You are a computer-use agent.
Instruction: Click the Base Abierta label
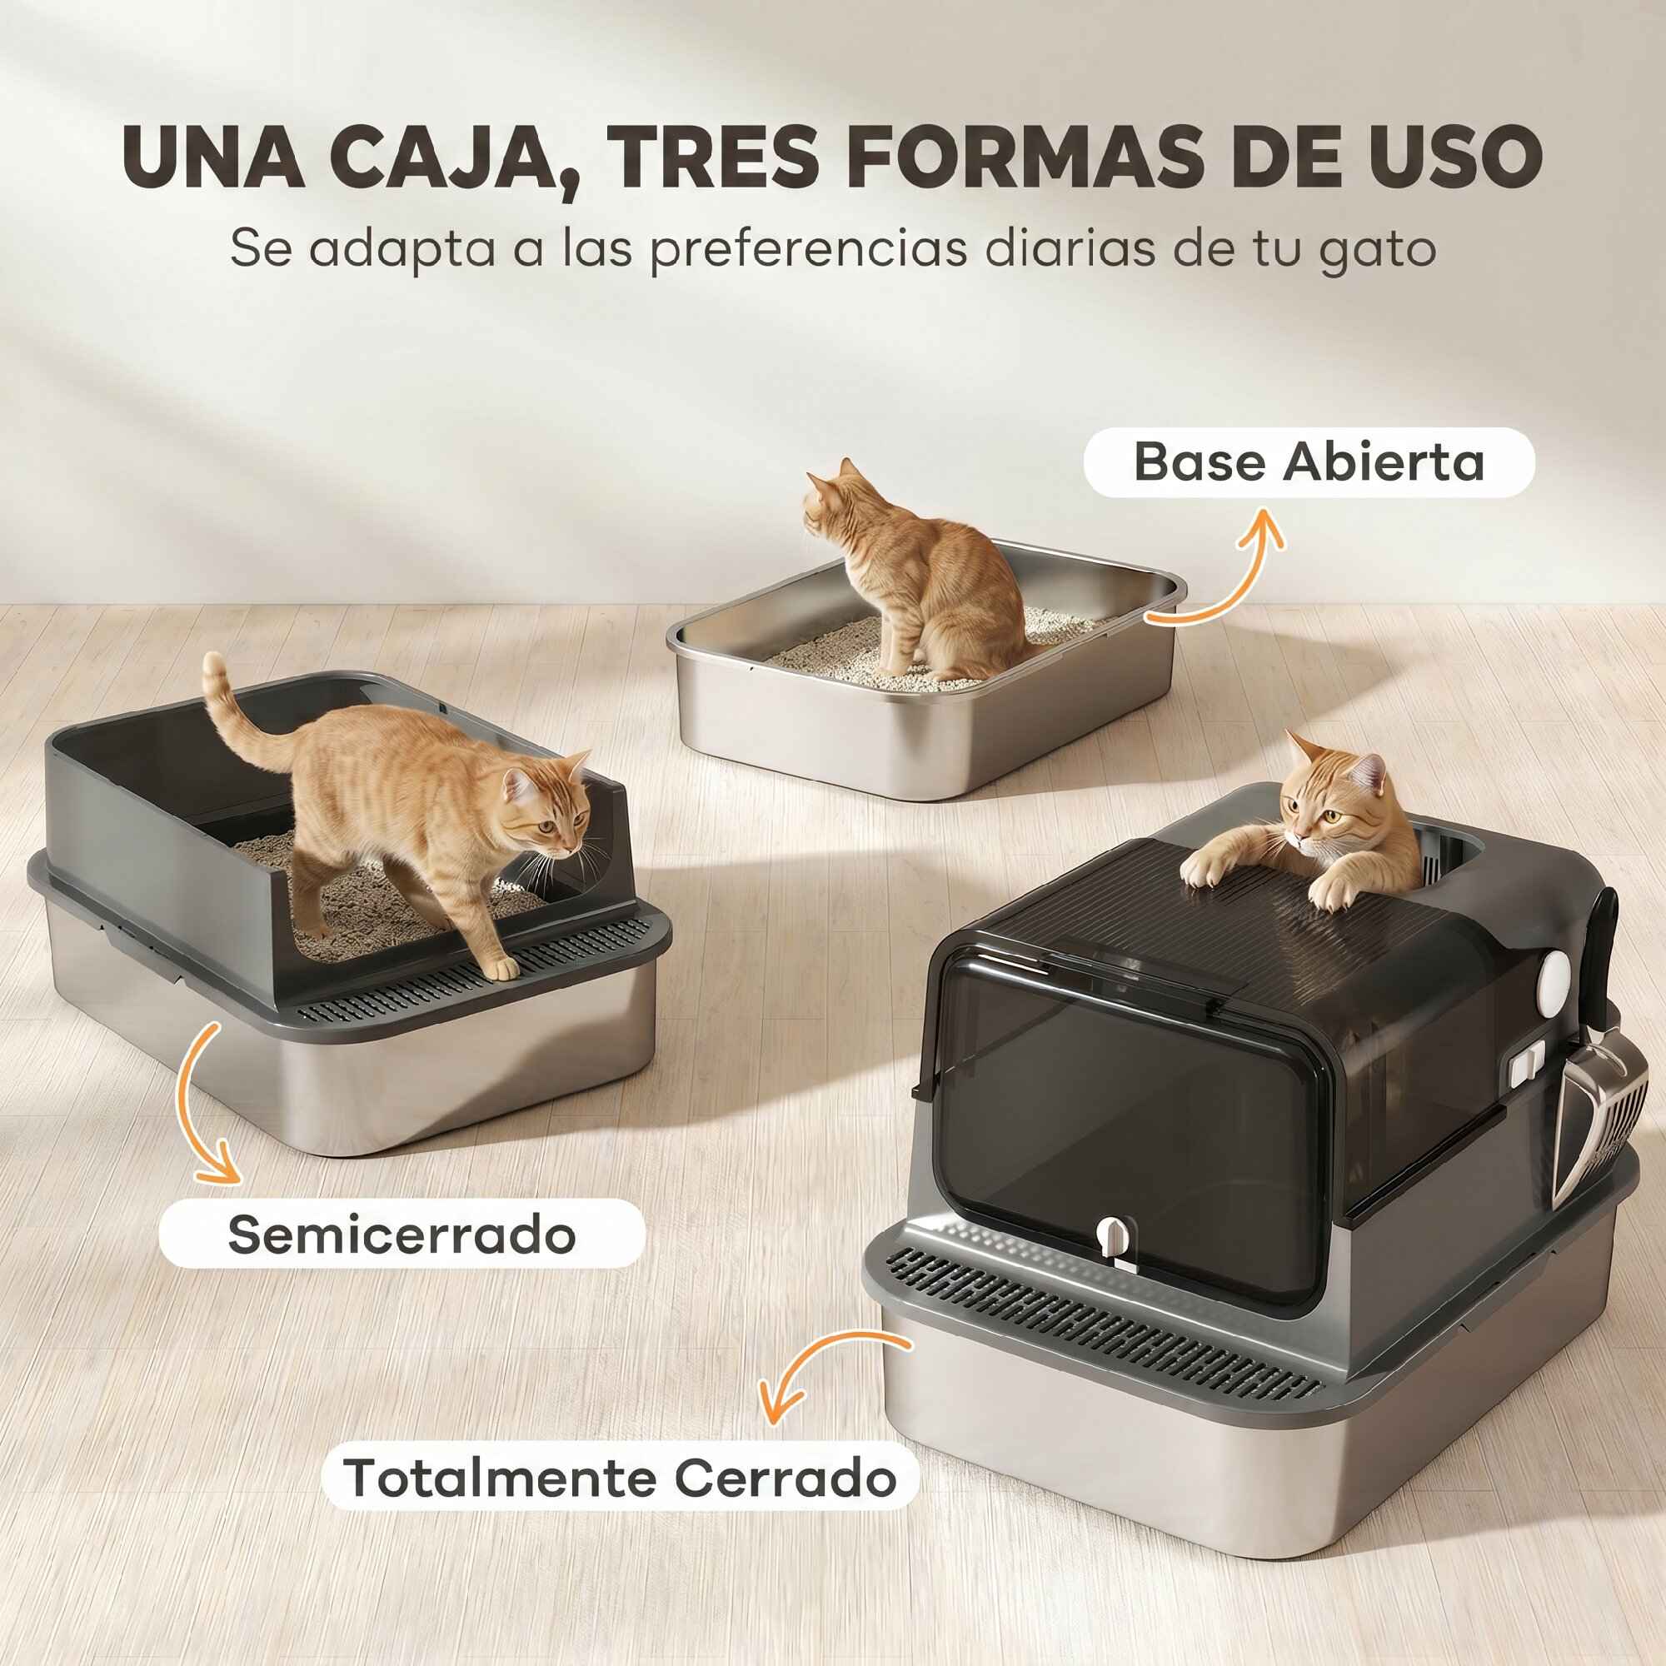click(1308, 461)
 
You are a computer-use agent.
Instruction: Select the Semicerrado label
click(401, 1235)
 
